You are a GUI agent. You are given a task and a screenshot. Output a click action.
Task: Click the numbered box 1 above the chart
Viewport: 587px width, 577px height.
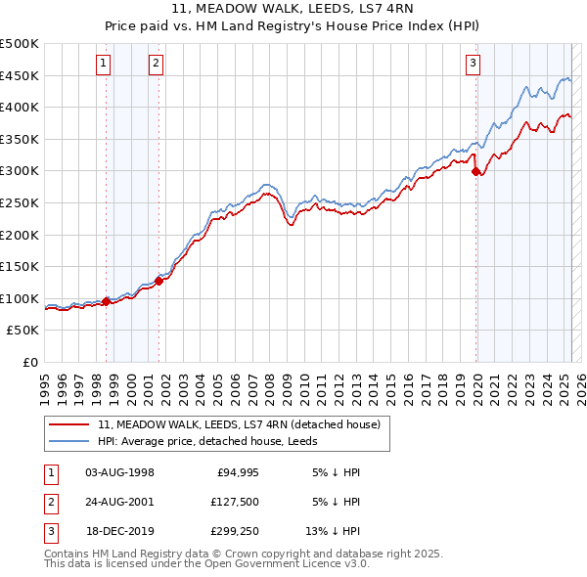tap(104, 65)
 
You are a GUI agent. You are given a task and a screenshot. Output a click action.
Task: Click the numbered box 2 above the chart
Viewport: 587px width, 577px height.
tap(156, 65)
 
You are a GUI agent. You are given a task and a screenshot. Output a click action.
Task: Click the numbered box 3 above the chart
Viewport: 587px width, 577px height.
tap(473, 65)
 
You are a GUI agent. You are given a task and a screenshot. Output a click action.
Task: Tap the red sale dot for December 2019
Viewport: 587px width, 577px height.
tap(476, 171)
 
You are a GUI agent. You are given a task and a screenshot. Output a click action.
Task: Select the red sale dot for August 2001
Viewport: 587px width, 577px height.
tap(158, 282)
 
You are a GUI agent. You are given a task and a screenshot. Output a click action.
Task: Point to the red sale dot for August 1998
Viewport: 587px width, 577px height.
tap(106, 301)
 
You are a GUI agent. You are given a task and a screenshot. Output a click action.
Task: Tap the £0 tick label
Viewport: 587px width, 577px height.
tap(29, 362)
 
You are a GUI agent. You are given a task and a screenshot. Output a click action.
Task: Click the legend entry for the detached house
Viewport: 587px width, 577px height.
tap(245, 424)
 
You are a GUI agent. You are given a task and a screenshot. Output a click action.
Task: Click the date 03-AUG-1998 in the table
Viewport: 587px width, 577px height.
tap(120, 471)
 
